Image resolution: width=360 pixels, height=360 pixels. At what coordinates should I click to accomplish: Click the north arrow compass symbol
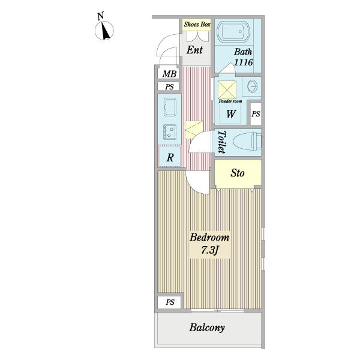pos(104,31)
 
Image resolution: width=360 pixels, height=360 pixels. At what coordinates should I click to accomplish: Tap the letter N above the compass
pos(101,16)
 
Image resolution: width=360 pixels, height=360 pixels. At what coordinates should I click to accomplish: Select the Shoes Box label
pos(197,25)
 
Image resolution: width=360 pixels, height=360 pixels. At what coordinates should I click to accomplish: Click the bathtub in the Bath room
pos(233,32)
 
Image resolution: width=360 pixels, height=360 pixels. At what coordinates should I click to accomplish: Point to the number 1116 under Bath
pos(244,62)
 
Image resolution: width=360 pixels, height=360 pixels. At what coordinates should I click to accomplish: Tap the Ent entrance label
pos(194,50)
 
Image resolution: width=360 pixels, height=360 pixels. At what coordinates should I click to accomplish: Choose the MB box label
pos(169,74)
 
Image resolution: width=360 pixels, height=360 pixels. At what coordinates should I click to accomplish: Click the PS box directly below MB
pos(169,87)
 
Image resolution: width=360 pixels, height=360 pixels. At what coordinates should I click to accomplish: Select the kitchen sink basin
pos(170,107)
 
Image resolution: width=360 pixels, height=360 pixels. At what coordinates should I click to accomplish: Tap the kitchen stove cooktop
pos(170,132)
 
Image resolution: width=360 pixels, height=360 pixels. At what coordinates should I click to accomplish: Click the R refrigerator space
pos(170,157)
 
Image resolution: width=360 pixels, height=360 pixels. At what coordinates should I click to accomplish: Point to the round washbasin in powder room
pos(252,86)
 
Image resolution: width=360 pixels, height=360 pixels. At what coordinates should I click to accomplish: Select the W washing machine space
pos(230,113)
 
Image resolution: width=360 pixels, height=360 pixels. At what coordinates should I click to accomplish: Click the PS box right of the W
pos(256,114)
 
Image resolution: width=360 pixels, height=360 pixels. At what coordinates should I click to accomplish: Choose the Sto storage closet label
pos(238,173)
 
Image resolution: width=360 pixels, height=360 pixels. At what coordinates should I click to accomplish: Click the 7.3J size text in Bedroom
pos(209,250)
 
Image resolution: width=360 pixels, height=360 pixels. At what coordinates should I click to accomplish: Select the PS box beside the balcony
pos(169,302)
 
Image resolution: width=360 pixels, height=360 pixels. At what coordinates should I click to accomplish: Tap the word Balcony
pos(207,328)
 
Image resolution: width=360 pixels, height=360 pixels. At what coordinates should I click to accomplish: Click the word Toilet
pos(221,142)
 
